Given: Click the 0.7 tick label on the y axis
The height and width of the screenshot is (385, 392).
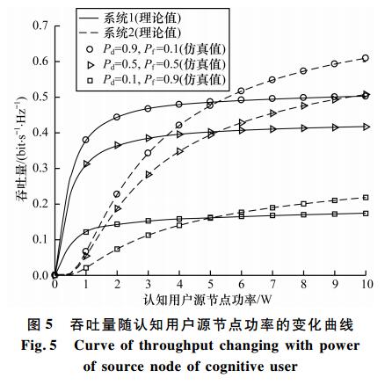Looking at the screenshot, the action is click(x=40, y=25).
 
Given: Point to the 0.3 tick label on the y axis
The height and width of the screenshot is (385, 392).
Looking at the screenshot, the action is click(x=40, y=169).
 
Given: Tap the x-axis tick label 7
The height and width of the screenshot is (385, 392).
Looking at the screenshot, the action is click(x=272, y=284).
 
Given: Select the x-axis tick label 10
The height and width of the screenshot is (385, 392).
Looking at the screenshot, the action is click(x=366, y=284).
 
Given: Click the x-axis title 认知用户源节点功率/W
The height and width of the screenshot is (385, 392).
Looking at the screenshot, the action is click(x=207, y=300).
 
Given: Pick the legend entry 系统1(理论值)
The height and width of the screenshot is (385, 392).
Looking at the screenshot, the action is click(x=142, y=18).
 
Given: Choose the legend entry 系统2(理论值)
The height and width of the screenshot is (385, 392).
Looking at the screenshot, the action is click(x=142, y=33).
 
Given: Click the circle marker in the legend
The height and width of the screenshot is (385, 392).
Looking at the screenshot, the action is click(x=90, y=49).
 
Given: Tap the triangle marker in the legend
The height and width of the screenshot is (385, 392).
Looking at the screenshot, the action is click(x=90, y=65).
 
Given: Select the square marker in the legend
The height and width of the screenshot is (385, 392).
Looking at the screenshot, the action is click(x=90, y=80).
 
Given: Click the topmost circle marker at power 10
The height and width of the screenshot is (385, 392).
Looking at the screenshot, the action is click(x=366, y=58).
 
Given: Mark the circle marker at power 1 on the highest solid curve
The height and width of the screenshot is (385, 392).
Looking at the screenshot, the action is click(x=86, y=140).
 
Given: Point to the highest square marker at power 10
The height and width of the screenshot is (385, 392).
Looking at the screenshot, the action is click(x=366, y=198).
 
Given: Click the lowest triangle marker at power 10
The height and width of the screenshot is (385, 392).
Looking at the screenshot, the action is click(x=366, y=127).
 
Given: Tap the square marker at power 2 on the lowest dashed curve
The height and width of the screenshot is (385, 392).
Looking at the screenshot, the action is click(x=117, y=249).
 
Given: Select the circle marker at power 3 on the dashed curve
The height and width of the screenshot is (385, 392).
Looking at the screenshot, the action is click(x=148, y=153).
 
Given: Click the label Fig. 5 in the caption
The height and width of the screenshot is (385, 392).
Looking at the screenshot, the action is click(x=39, y=345).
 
